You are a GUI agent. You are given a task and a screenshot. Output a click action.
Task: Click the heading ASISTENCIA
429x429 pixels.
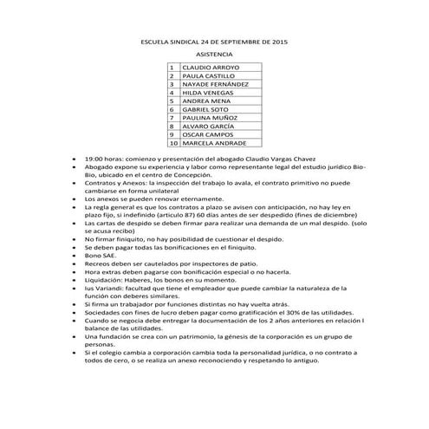(214, 55)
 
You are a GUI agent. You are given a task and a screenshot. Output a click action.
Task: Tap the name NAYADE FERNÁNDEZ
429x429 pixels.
(214, 84)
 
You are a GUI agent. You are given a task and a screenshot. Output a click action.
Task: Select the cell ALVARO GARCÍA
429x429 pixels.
(205, 127)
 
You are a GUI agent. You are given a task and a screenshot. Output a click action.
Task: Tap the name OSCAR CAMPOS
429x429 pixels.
(205, 135)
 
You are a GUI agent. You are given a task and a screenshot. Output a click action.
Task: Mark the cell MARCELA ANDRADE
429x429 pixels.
(212, 144)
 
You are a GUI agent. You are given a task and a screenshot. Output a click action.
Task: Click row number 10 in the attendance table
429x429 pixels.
(172, 144)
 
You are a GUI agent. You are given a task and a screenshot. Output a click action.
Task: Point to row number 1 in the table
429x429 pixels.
(172, 67)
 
